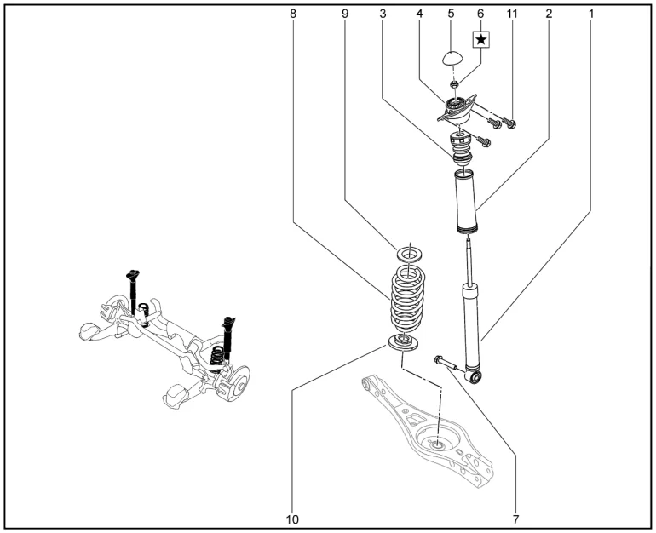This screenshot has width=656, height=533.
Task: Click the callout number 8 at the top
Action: pyautogui.click(x=293, y=14)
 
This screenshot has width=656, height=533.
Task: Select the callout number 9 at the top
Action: pyautogui.click(x=345, y=14)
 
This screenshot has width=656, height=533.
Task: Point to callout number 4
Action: pyautogui.click(x=420, y=14)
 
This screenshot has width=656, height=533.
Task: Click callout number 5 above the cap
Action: pyautogui.click(x=452, y=14)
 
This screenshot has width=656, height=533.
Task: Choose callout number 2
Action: pyautogui.click(x=549, y=14)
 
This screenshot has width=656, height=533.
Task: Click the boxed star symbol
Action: pyautogui.click(x=481, y=39)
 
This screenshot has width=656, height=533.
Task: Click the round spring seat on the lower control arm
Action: pyautogui.click(x=436, y=441)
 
